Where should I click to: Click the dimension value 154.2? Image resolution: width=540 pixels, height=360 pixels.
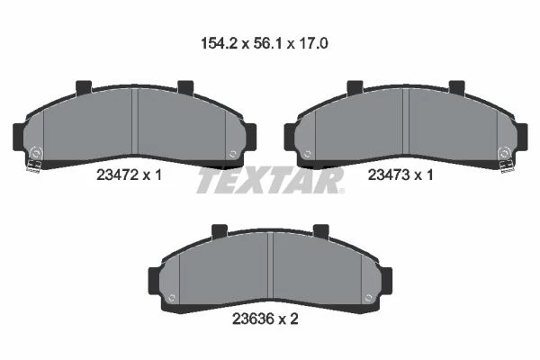219,44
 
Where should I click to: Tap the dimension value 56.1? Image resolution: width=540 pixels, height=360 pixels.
268,44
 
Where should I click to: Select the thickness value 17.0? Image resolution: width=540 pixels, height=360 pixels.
313,44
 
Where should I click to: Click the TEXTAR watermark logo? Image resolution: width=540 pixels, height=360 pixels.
270,181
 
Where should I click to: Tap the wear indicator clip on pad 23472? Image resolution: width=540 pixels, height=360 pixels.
34,166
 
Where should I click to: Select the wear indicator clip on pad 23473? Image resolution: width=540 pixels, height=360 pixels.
508,166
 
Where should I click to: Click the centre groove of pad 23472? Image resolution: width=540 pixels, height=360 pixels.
135,121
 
